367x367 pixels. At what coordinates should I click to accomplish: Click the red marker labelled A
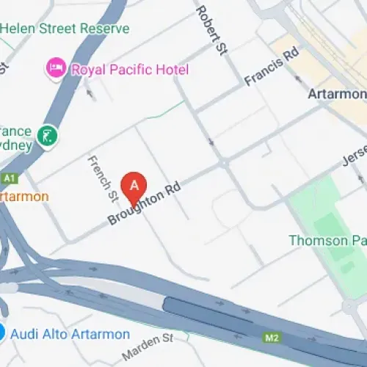[134, 186]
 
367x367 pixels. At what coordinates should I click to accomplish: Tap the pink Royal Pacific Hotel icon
[55, 69]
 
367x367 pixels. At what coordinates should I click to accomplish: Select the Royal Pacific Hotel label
[129, 70]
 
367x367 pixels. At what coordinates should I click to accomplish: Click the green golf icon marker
[48, 135]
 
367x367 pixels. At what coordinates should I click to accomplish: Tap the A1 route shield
[9, 178]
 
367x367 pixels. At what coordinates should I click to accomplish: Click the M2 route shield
[272, 337]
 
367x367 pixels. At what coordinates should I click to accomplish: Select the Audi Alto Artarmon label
[70, 335]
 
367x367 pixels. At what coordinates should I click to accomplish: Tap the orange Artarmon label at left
[24, 197]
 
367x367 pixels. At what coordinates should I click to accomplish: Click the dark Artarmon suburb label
[337, 94]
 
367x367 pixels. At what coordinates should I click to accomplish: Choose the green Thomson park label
[327, 240]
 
